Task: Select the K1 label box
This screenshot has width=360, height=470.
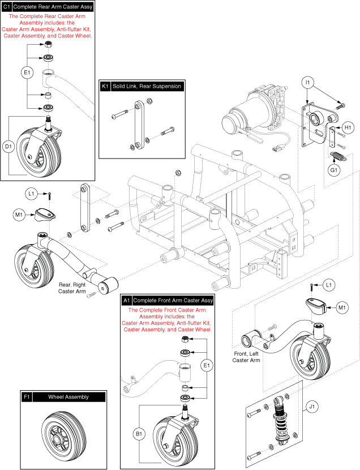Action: pyautogui.click(x=105, y=87)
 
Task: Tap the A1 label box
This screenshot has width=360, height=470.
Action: pyautogui.click(x=126, y=300)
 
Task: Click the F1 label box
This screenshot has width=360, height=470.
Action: pyautogui.click(x=27, y=397)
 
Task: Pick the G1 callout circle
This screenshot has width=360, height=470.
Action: pyautogui.click(x=335, y=168)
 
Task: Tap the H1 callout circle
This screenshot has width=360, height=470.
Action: pyautogui.click(x=349, y=129)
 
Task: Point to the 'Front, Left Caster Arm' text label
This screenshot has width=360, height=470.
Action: pyautogui.click(x=248, y=357)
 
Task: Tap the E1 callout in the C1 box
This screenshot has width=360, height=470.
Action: pyautogui.click(x=26, y=72)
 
